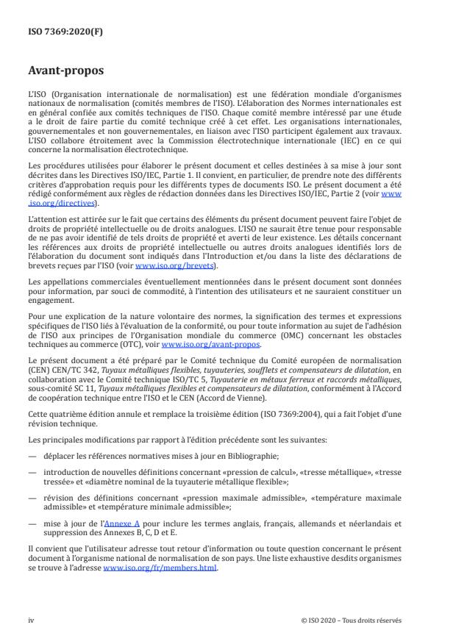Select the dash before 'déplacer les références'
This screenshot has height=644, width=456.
point(32,456)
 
